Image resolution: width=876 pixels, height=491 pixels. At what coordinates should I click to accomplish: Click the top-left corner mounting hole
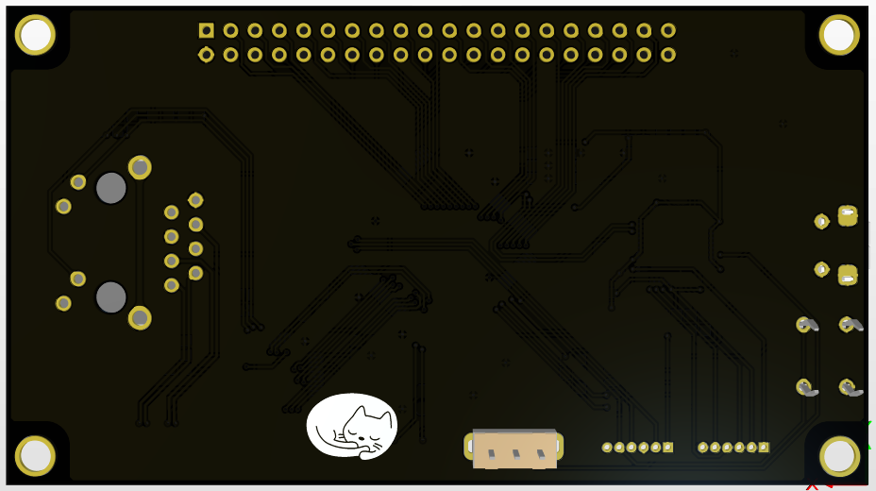36,35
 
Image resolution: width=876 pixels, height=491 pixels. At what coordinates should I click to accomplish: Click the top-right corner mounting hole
838,35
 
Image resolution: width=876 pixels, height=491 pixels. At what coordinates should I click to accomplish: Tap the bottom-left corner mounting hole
36,456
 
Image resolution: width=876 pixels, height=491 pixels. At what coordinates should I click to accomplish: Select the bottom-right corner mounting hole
838,456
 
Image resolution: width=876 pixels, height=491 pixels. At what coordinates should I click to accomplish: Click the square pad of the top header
206,30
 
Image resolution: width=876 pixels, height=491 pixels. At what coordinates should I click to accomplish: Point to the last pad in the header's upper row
668,30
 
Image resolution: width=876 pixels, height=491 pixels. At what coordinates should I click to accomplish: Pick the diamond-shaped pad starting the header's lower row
206,55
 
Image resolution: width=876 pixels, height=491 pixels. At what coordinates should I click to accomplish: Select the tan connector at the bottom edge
514,449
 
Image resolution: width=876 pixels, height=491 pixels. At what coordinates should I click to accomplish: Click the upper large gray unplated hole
110,188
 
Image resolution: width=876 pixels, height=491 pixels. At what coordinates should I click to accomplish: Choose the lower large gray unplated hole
110,297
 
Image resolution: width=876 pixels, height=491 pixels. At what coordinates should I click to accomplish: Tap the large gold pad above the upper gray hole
140,167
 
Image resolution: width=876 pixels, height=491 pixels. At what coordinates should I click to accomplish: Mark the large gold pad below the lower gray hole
140,317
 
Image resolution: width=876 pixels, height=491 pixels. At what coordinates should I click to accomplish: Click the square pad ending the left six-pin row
668,447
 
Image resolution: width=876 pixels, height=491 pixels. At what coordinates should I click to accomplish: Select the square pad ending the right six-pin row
764,447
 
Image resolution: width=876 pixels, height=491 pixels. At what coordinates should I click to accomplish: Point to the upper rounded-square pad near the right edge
848,215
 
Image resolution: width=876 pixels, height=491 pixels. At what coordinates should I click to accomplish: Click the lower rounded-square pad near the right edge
848,274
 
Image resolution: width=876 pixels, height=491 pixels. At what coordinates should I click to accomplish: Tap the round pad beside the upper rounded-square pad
821,221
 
